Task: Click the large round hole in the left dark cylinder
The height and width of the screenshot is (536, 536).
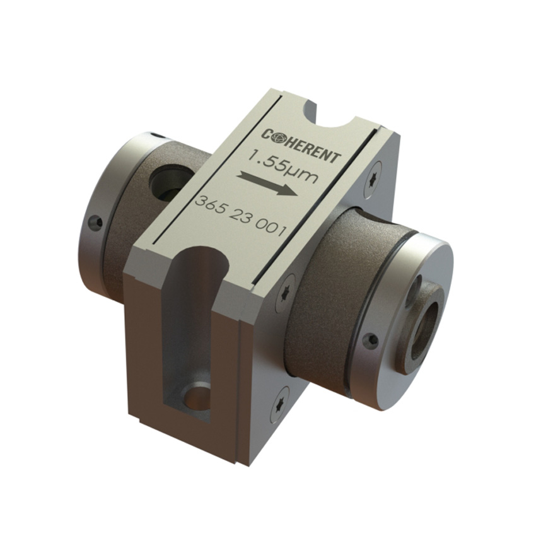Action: [166, 184]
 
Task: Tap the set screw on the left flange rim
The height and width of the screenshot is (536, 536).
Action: [95, 222]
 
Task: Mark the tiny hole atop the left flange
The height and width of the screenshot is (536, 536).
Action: [153, 134]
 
